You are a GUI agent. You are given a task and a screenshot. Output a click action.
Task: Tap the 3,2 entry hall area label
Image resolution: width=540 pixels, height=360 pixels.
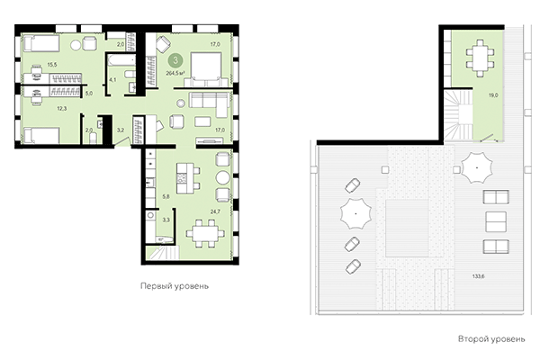coord(121,131)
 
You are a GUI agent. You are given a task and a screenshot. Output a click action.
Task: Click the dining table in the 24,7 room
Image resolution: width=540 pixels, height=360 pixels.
coord(202,234)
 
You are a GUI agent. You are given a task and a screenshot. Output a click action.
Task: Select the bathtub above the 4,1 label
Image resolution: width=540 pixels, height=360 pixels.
coord(119,61)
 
